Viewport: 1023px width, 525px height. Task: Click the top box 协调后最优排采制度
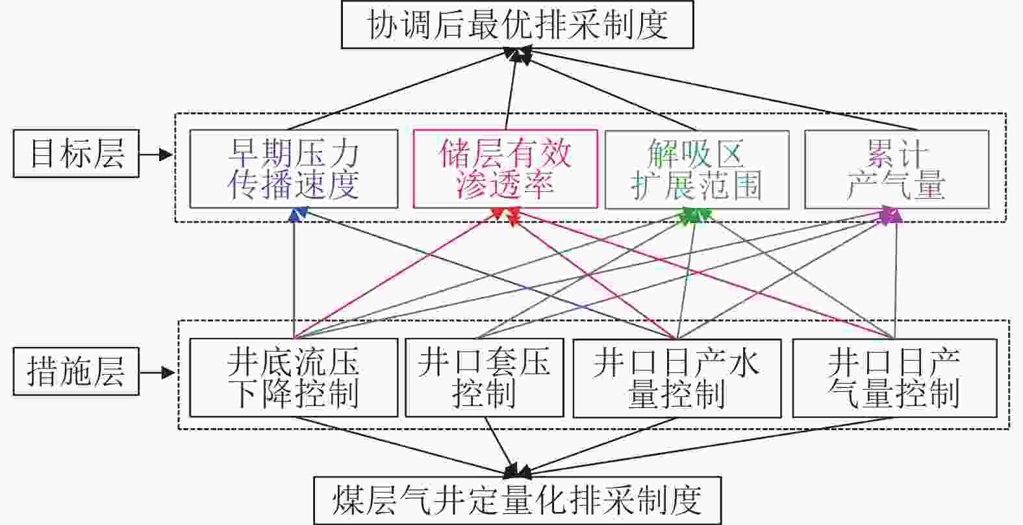(x=518, y=25)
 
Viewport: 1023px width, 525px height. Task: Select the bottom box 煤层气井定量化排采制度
(x=518, y=500)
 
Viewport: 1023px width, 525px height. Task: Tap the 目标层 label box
(x=77, y=153)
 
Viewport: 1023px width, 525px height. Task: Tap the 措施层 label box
(x=77, y=372)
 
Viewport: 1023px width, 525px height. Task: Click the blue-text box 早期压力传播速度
(x=294, y=169)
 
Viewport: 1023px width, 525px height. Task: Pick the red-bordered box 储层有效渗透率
(x=505, y=169)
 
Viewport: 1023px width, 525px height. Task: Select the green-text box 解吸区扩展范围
(x=697, y=170)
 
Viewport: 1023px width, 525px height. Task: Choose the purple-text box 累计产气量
(x=896, y=170)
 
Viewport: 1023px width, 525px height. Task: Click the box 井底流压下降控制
(x=294, y=378)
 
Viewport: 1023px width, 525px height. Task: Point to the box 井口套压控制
(x=484, y=378)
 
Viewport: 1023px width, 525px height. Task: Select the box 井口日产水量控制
(x=676, y=378)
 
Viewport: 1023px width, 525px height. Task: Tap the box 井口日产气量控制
(x=894, y=378)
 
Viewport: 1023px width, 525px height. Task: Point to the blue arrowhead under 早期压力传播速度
(x=298, y=214)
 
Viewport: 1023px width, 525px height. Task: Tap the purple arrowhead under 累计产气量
(x=890, y=215)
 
